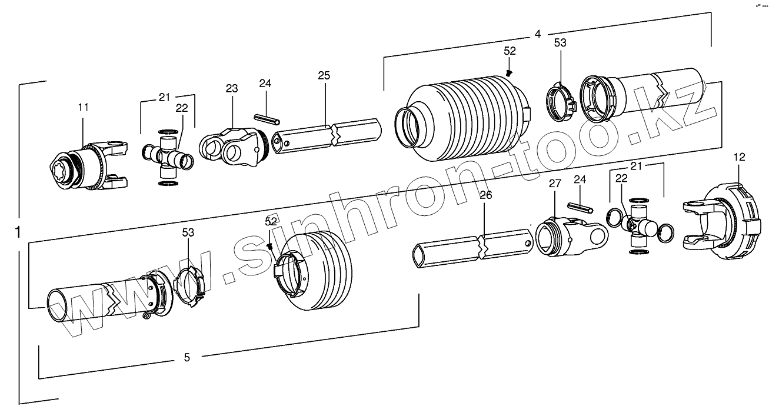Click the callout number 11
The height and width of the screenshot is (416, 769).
click(83, 107)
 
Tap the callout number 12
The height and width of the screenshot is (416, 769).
click(740, 157)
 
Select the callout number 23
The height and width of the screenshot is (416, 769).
click(231, 89)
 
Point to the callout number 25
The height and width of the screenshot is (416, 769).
click(324, 75)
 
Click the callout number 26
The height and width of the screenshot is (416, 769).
click(485, 195)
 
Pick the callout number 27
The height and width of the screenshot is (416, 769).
click(555, 184)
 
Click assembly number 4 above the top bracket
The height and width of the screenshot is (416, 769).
click(537, 34)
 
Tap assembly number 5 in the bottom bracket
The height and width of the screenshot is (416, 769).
click(187, 357)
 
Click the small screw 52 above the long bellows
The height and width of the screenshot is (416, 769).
click(510, 72)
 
